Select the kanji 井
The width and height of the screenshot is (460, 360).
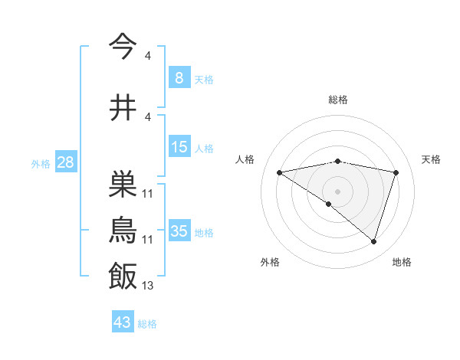123,107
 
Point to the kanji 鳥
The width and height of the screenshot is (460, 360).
123,230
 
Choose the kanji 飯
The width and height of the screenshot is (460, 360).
123,277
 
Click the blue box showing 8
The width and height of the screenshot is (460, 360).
179,78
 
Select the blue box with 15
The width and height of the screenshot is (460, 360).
179,147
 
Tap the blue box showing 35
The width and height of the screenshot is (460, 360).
179,231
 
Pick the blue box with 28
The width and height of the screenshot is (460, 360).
65,162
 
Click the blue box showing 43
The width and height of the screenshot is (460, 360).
122,322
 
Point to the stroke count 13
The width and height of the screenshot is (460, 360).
148,286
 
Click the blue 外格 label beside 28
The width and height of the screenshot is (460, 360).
41,163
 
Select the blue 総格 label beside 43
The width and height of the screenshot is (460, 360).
147,323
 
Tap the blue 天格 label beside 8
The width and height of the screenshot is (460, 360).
204,79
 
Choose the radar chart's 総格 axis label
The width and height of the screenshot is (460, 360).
337,100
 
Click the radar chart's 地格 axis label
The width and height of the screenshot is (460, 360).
402,263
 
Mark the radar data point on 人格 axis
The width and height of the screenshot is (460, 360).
280,172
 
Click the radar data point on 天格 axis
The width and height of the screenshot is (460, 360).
396,172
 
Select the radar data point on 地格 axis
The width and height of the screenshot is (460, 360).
373,241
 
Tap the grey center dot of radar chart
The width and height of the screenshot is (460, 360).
337,191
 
